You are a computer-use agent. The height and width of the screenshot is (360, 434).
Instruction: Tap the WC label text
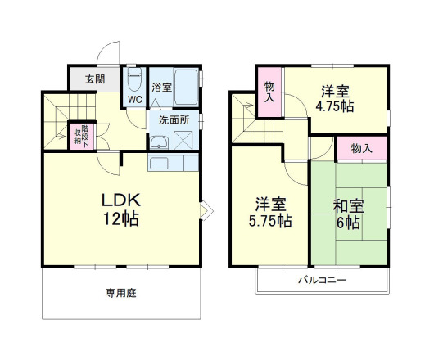133,100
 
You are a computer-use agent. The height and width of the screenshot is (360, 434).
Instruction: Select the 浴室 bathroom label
160,87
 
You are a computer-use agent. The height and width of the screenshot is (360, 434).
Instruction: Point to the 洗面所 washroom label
173,119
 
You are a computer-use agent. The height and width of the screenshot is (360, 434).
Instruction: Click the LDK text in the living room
121,200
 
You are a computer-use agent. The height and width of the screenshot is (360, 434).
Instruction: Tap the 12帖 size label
121,219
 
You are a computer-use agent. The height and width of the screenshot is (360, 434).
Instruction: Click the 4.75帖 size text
337,106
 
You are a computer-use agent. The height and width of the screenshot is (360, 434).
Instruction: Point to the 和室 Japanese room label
349,205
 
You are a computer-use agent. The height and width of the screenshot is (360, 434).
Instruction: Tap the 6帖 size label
349,223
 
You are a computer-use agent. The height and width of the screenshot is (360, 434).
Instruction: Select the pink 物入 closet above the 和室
361,148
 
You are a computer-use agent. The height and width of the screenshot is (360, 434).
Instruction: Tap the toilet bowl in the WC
133,83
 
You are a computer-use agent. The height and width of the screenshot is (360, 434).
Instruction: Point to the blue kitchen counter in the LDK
174,161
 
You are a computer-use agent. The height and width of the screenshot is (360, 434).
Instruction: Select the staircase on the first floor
60,119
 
